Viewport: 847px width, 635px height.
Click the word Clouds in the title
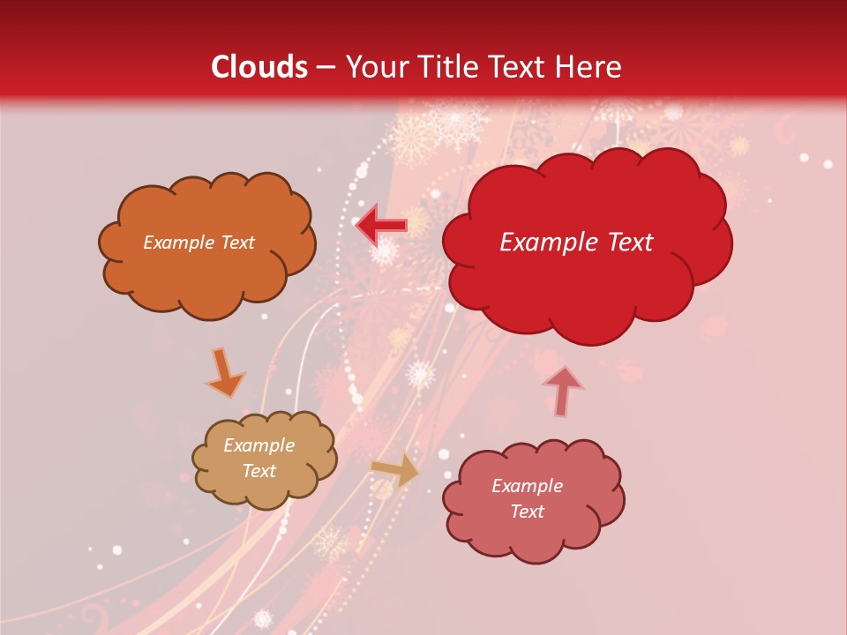pos(259,67)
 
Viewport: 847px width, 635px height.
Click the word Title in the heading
pos(444,67)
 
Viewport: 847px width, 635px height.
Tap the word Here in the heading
pos(588,67)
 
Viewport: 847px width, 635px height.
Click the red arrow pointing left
pos(381,226)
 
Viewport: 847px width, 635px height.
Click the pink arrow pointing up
pos(562,391)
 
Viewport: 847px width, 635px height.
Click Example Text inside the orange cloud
pos(199,243)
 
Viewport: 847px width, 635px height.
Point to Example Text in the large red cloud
pos(576,243)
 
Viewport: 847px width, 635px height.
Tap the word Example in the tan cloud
pos(259,445)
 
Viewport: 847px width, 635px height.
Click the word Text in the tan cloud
pos(259,471)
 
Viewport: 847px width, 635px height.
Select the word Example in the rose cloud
pos(527,486)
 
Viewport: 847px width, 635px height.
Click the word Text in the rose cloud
pos(527,512)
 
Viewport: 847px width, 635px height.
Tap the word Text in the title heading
pos(517,67)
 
